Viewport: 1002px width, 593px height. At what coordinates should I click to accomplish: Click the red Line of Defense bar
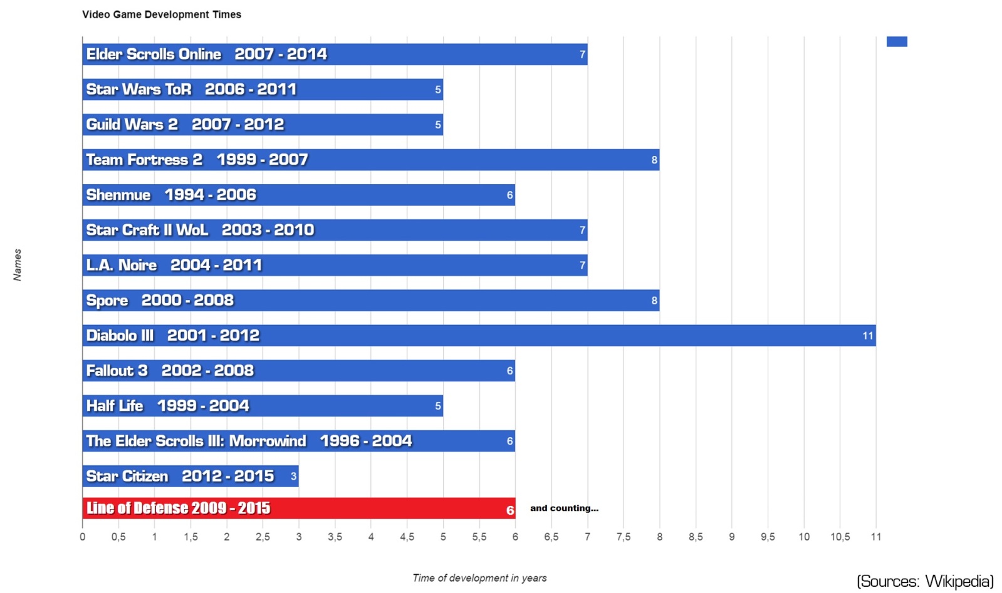pos(298,508)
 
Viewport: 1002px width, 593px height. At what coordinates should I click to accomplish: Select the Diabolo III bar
pos(479,336)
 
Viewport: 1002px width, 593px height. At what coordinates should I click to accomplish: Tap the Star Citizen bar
pos(190,476)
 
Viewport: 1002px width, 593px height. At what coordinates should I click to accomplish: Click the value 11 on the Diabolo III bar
pos(867,336)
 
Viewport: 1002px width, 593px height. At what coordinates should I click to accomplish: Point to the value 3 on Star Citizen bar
pos(293,477)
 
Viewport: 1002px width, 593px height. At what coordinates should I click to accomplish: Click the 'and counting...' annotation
pos(564,508)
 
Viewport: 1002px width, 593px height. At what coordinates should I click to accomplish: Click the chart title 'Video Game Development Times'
pos(162,14)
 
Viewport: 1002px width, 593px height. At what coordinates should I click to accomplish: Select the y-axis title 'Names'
pos(18,264)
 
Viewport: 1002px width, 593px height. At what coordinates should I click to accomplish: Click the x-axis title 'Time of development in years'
pos(479,578)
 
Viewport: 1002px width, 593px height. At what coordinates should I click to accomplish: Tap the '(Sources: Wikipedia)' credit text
pos(925,581)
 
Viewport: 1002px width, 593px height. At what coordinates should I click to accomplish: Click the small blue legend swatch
pos(897,41)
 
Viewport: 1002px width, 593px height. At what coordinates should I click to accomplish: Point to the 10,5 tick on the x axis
pos(840,537)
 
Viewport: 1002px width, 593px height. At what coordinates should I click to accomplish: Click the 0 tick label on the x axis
pos(83,537)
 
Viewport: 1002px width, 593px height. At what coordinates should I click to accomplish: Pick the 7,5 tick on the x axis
pos(624,537)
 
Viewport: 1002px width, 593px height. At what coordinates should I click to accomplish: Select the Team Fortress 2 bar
pos(370,160)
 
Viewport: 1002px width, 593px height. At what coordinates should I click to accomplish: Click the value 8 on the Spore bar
pos(654,301)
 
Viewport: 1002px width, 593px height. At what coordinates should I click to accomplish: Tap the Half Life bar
pos(263,406)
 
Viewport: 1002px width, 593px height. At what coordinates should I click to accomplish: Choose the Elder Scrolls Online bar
pos(335,54)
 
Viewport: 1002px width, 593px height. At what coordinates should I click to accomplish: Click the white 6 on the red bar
pos(510,510)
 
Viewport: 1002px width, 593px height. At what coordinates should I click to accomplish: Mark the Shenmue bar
pos(298,195)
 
